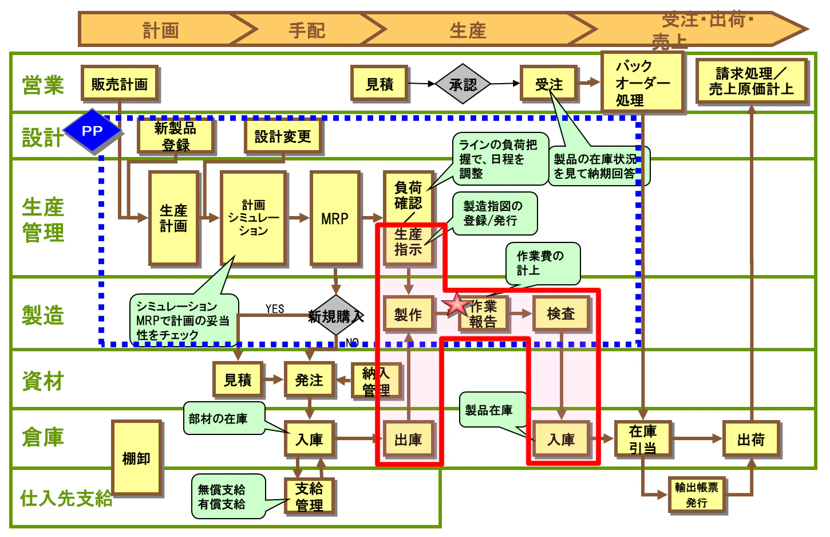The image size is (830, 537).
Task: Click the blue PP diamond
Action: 92,131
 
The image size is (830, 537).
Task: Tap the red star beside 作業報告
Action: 457,305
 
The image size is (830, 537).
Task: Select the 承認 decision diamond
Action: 463,84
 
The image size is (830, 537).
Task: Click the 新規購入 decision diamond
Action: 335,316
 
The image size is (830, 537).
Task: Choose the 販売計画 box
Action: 120,84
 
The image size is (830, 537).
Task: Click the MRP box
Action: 335,218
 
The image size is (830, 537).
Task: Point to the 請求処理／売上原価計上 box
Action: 751,81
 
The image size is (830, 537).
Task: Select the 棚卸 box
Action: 136,457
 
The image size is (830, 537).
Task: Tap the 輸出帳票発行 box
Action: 696,495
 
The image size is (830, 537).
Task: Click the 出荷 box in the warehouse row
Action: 750,440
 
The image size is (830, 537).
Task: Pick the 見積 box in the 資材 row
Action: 238,379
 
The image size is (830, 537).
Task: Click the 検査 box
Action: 560,313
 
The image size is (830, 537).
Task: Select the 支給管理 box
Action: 309,497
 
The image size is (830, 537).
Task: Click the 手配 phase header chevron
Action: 307,30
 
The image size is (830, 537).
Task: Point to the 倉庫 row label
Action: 42,437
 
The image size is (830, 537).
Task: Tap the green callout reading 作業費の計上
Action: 542,263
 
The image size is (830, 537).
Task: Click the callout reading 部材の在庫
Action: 223,418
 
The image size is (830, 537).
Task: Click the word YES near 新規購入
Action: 275,309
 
